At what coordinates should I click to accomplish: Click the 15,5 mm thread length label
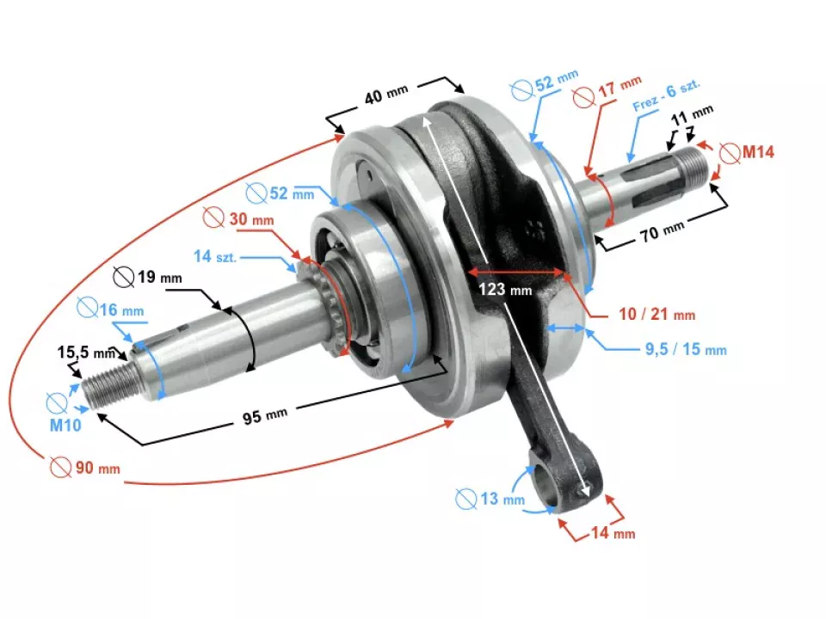pos(86,352)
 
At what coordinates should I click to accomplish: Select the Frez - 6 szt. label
pos(667,95)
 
